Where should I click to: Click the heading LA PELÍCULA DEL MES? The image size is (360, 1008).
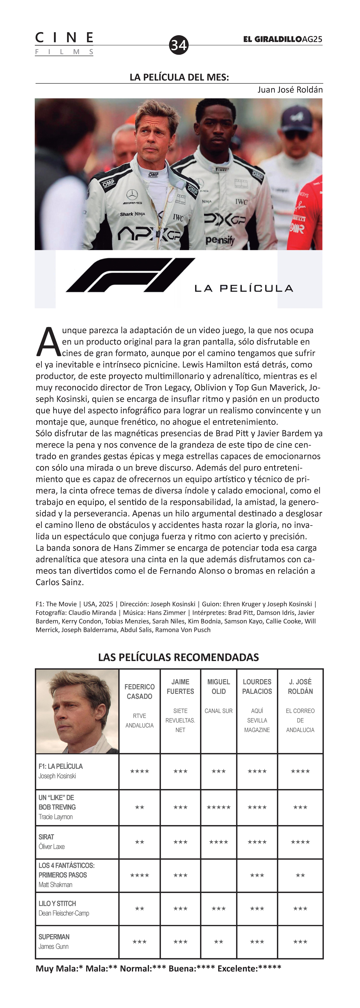179,77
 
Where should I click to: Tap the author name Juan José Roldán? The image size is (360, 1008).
290,90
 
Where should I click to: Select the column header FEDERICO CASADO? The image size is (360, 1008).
139,691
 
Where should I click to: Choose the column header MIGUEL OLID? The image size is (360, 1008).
218,686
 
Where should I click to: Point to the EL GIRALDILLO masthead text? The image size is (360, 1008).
272,39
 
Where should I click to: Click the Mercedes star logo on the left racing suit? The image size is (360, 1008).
132,194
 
